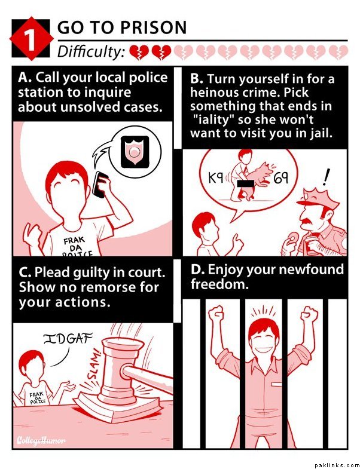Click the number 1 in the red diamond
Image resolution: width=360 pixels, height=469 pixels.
point(30,39)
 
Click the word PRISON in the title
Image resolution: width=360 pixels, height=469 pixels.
point(154,27)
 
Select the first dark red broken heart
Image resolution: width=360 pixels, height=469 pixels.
point(138,52)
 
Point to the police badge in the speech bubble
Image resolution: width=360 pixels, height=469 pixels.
point(135,151)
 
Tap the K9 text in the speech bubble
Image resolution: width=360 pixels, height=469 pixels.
point(216,178)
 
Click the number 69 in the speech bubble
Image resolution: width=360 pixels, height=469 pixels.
point(281,178)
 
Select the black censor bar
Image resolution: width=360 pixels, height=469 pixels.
point(246,183)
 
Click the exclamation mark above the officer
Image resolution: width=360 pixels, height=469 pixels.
point(325,176)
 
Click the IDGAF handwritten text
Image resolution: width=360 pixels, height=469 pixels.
point(68,339)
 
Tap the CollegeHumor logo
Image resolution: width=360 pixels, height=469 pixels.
point(41,440)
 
